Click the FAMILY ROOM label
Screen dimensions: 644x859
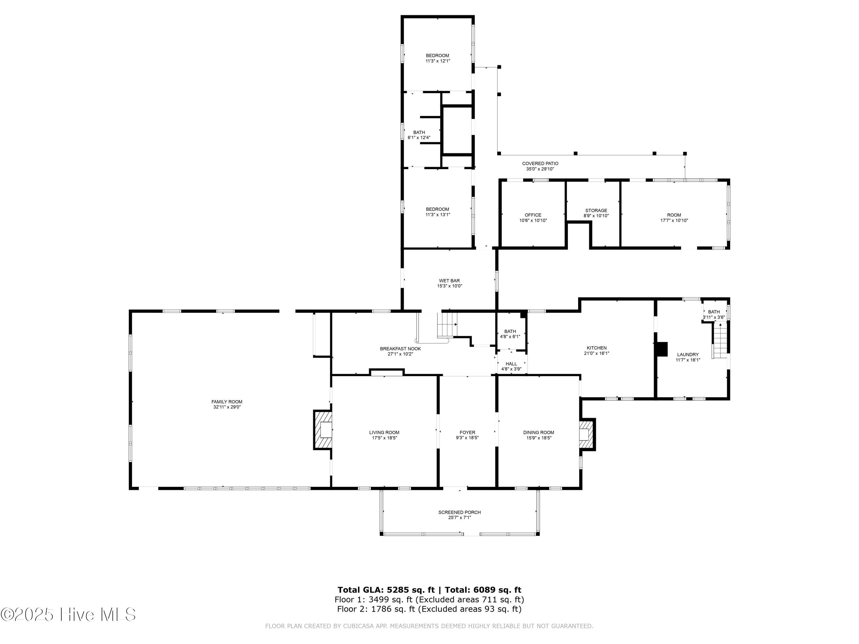pos(227,402)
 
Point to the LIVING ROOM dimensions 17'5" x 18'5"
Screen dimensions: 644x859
pos(384,438)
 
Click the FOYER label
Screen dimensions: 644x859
pos(467,432)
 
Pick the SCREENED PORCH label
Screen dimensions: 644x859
pos(459,512)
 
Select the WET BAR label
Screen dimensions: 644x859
pos(449,281)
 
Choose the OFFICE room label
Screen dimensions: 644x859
pos(533,215)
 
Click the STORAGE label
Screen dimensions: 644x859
pos(596,210)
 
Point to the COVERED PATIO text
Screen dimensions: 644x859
pos(540,164)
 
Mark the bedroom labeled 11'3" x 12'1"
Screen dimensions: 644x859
pos(438,58)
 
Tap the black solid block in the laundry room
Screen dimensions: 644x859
pos(662,349)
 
